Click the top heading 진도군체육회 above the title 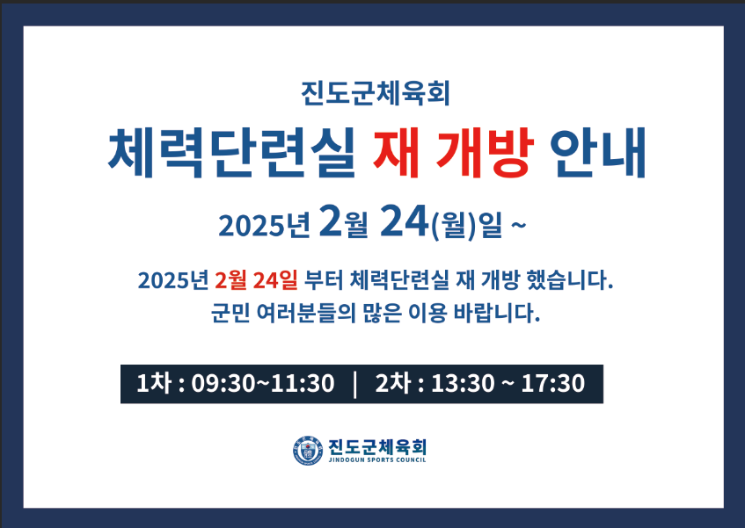click(376, 92)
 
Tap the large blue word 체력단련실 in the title click(232, 152)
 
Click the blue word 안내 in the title click(599, 152)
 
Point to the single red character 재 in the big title click(396, 152)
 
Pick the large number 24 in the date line click(404, 221)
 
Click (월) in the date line click(453, 224)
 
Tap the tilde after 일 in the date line click(519, 223)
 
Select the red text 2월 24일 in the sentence click(256, 280)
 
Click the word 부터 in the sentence click(323, 280)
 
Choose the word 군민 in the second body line click(230, 313)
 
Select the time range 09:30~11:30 click(263, 384)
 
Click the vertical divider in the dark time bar click(354, 384)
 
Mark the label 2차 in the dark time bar click(392, 383)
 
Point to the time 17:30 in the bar click(552, 384)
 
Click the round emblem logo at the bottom click(308, 451)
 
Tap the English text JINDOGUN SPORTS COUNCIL click(377, 459)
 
